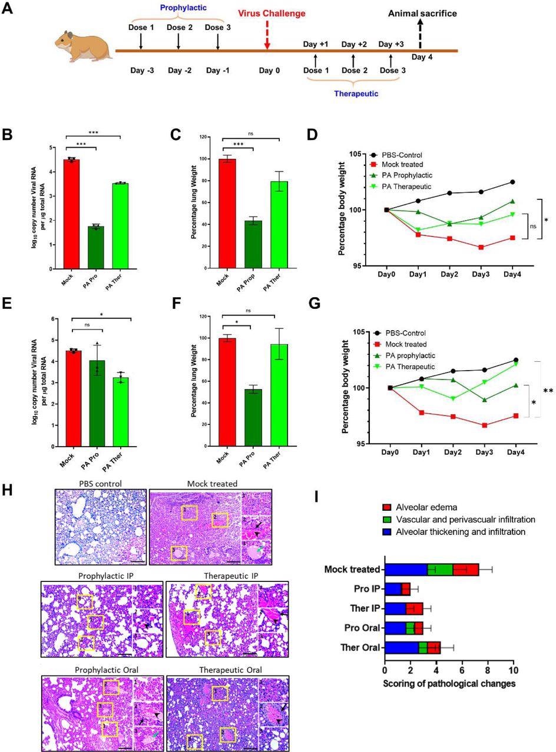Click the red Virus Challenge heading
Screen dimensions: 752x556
pos(272,14)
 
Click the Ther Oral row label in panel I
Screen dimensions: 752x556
pos(360,648)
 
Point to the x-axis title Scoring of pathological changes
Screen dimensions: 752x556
pos(449,684)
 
